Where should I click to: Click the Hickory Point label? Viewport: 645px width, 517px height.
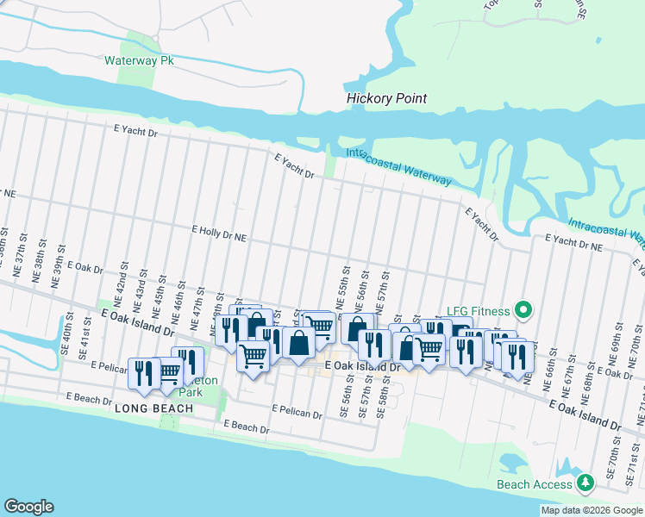click(386, 98)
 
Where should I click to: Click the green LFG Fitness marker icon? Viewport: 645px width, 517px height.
click(522, 309)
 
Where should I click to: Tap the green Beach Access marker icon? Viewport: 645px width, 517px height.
click(586, 483)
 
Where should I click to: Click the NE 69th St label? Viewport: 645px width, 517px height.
click(619, 342)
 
